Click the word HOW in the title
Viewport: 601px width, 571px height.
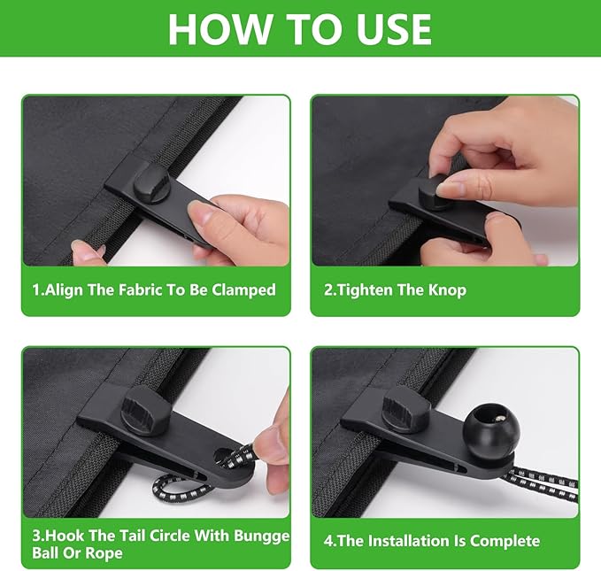[x=220, y=29]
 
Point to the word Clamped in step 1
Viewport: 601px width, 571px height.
[x=243, y=289]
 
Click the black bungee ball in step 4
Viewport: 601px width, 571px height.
[x=491, y=429]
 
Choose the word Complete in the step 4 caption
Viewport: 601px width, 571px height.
[x=505, y=541]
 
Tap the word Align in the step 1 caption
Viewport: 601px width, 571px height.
[x=64, y=289]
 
